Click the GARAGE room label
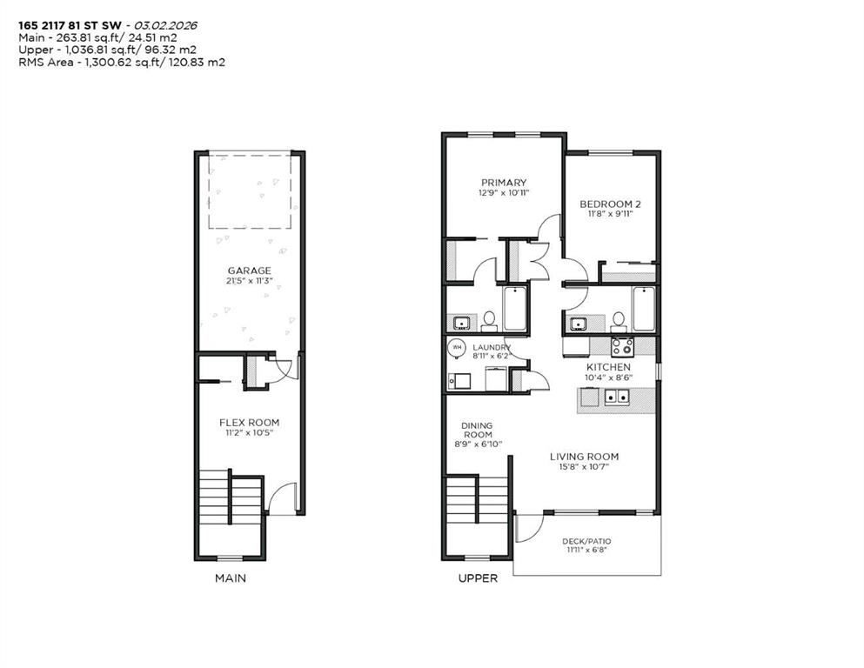click(x=249, y=271)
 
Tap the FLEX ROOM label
click(x=249, y=423)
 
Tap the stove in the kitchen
click(x=622, y=346)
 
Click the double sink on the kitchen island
click(x=619, y=398)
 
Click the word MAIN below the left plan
click(x=231, y=578)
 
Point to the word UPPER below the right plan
click(x=479, y=578)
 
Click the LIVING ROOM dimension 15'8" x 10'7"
click(x=584, y=467)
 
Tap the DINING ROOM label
click(x=477, y=429)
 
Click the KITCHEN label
click(x=608, y=367)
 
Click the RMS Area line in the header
click(x=122, y=63)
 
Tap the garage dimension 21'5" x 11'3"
click(x=249, y=282)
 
